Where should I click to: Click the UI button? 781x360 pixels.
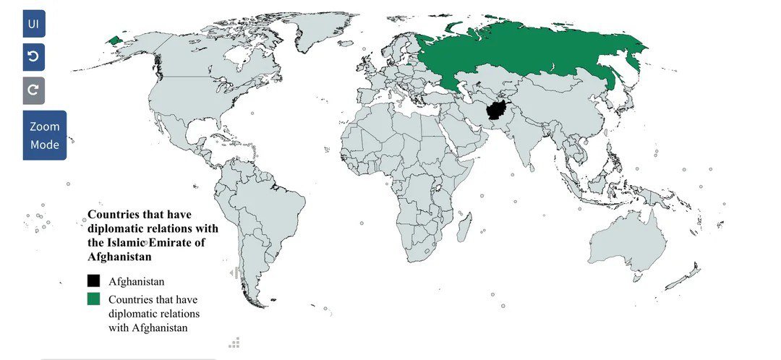pyautogui.click(x=33, y=24)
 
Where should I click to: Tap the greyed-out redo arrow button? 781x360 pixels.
pyautogui.click(x=33, y=90)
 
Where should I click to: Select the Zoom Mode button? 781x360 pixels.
pyautogui.click(x=44, y=135)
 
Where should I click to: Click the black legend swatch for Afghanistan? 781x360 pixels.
pyautogui.click(x=93, y=281)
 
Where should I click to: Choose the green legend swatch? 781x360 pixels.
pyautogui.click(x=93, y=299)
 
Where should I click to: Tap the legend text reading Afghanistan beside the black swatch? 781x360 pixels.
pyautogui.click(x=138, y=281)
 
